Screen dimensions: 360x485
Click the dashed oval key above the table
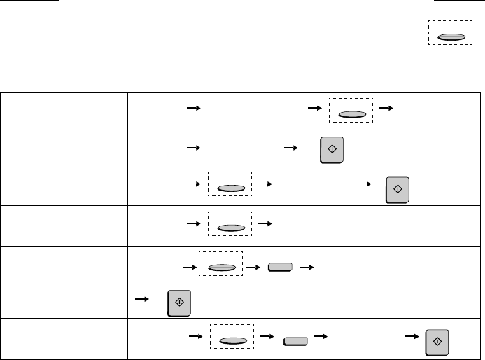point(450,35)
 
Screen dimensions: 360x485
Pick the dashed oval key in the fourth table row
point(220,266)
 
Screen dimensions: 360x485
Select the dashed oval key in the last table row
point(232,341)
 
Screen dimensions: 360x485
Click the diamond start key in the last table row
point(437,340)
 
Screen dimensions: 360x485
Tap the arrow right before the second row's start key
point(363,184)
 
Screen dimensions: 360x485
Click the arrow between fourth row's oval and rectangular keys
point(252,267)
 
